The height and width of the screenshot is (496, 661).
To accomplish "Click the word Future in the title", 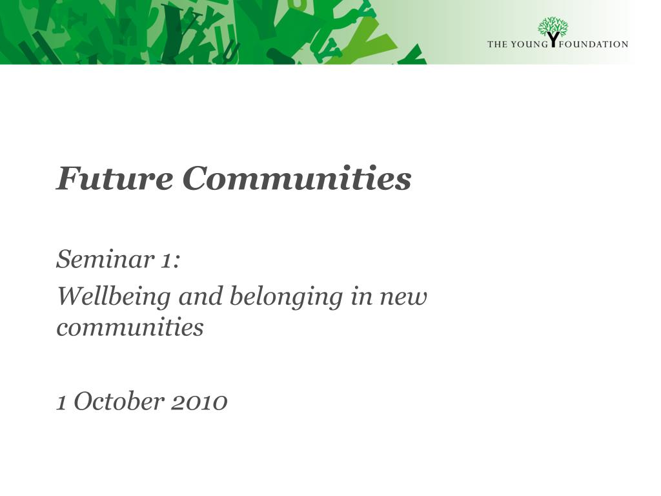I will [114, 178].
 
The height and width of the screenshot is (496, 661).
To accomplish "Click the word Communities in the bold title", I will [296, 178].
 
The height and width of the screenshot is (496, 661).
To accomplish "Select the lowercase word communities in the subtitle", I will [130, 327].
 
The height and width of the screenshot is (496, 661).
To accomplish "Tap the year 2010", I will [199, 402].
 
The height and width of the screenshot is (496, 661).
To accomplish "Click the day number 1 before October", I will [61, 402].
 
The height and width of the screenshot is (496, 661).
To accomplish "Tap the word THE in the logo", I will [497, 45].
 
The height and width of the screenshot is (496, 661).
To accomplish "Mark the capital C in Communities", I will [195, 178].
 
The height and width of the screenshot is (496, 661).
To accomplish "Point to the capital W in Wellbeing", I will [68, 297].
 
